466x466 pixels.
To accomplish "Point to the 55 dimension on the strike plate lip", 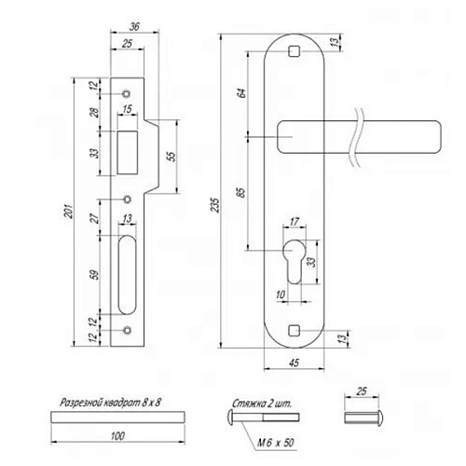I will coord(171,157).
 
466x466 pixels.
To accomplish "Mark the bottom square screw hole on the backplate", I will coord(294,329).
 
